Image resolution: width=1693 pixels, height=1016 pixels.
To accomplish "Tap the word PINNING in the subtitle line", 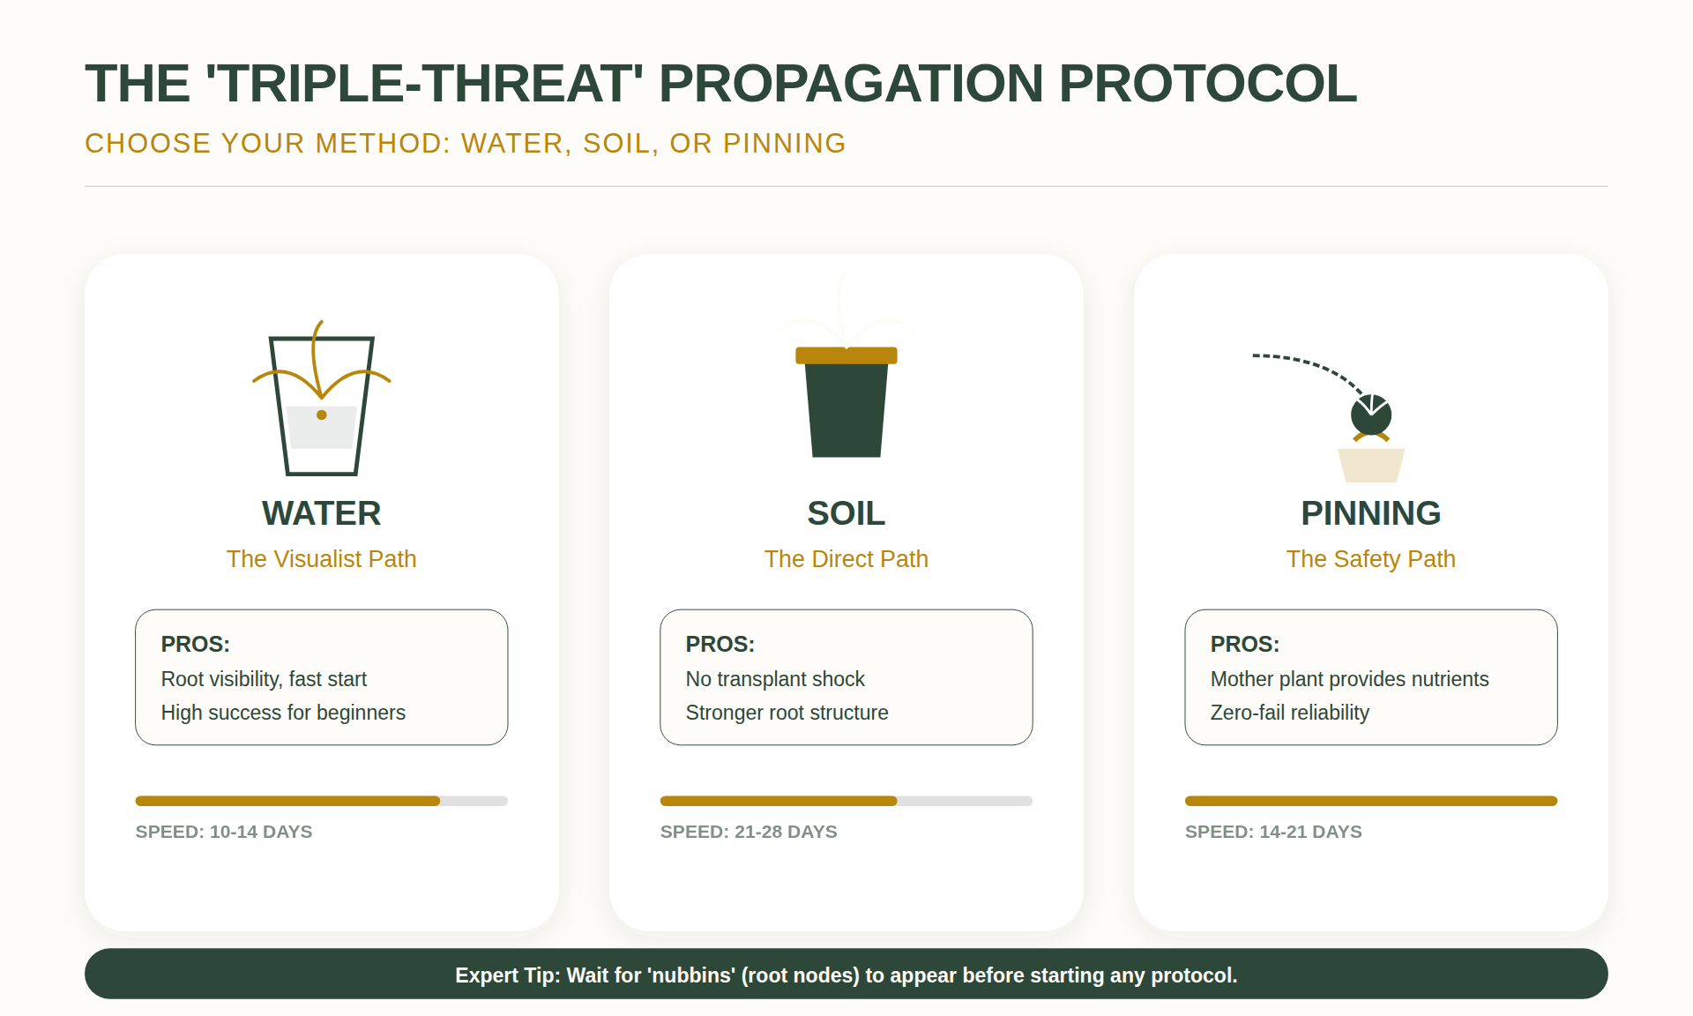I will click(784, 143).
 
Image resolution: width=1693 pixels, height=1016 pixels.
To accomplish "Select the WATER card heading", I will click(321, 513).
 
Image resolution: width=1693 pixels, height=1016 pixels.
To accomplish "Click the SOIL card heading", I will click(846, 513).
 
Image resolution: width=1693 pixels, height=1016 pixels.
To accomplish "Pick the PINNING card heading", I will click(1370, 513).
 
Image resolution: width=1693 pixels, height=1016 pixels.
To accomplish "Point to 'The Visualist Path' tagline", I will click(321, 559).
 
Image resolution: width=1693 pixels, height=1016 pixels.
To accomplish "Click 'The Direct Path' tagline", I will click(846, 559).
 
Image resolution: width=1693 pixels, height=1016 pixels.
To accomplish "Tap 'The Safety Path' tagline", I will click(1370, 559).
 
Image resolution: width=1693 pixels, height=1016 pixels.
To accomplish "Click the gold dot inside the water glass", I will click(322, 415).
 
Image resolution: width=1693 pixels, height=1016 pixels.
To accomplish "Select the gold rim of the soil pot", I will click(846, 355).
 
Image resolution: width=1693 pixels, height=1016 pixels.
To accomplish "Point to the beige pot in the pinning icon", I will click(1370, 466).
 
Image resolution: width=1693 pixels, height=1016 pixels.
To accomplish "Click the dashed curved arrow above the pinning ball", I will click(1305, 362).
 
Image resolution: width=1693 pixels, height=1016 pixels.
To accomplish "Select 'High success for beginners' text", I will click(283, 713).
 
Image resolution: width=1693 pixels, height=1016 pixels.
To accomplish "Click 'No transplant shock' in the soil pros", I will click(775, 679).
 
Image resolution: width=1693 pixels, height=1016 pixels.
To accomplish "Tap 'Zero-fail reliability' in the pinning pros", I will click(1289, 713).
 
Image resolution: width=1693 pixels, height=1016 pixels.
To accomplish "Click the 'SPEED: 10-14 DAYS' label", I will click(224, 832).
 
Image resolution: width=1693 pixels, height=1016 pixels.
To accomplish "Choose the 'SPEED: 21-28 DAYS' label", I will click(749, 832).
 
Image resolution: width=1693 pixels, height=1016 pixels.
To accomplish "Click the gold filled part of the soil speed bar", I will click(778, 801).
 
